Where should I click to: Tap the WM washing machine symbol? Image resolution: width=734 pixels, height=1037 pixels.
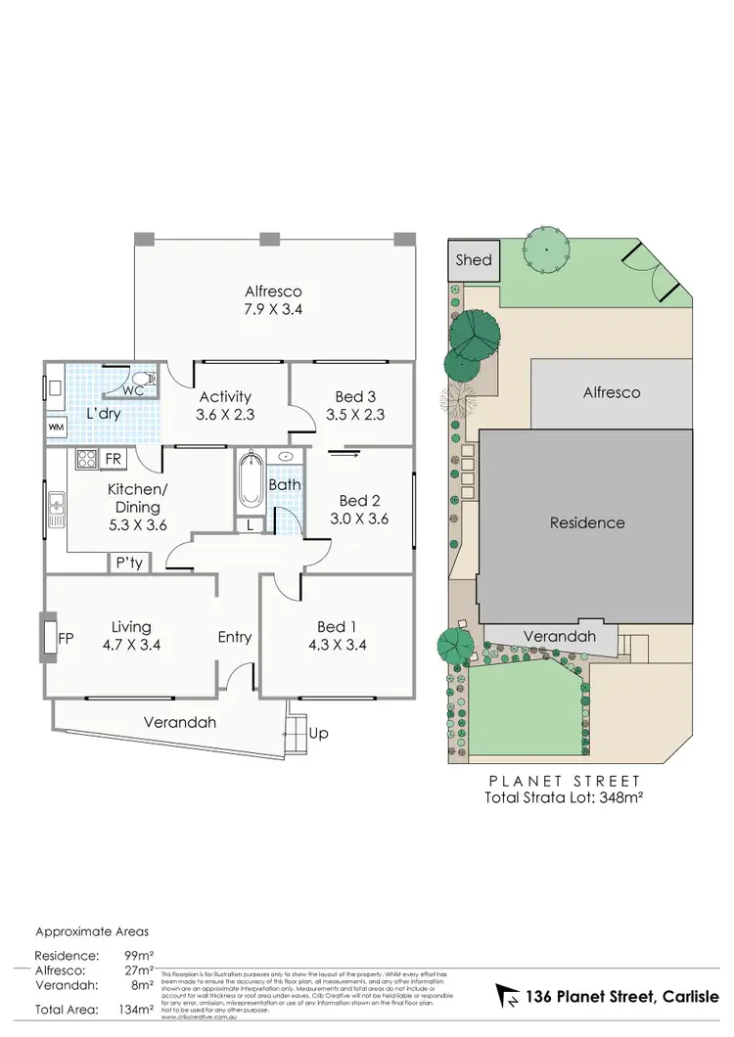56,428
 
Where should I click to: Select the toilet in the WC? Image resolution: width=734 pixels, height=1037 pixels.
142,379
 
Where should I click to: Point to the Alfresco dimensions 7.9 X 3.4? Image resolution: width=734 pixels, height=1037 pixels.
273,309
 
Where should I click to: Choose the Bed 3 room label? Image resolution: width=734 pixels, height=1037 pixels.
354,396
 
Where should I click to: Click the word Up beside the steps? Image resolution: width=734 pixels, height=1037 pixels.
318,733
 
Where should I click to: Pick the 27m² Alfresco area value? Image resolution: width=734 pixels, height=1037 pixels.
139,971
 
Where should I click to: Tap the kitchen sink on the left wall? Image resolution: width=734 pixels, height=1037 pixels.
56,506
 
